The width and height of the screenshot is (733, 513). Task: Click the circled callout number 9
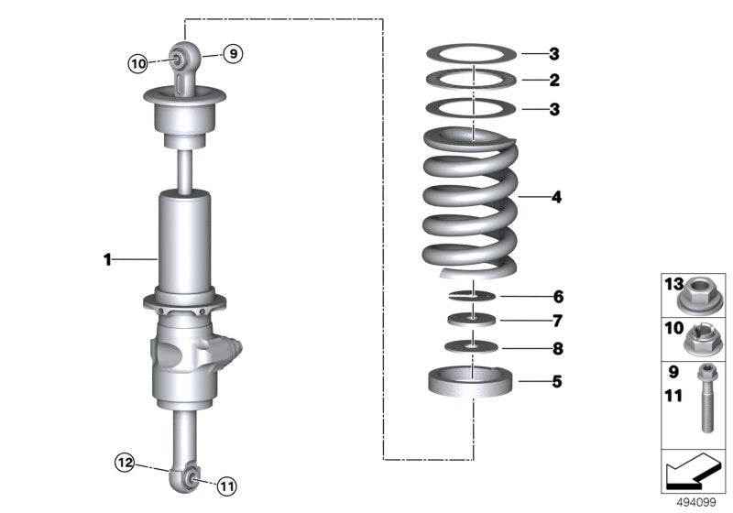(x=233, y=54)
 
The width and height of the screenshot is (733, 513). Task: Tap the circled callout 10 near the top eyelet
(x=137, y=63)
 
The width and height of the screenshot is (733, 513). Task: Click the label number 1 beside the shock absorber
(x=107, y=260)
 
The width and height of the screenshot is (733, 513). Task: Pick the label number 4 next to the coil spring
(x=556, y=197)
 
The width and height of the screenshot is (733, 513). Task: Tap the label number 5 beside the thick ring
(x=556, y=380)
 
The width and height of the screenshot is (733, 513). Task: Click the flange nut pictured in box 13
(x=701, y=295)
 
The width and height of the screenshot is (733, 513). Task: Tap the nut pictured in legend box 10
(x=701, y=341)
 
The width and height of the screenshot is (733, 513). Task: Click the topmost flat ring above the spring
(x=472, y=53)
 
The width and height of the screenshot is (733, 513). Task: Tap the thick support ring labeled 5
(x=472, y=380)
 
